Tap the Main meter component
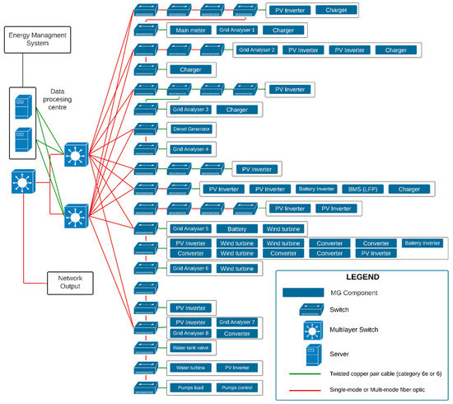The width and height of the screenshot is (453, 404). click(190, 31)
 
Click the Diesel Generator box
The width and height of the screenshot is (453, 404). click(192, 129)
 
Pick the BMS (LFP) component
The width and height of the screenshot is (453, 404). click(362, 189)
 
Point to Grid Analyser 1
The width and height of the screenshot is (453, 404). click(237, 31)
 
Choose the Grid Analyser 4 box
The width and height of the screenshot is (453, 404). click(191, 149)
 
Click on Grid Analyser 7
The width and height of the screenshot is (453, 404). click(237, 322)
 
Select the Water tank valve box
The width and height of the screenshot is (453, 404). click(191, 347)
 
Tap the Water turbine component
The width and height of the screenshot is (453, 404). click(191, 368)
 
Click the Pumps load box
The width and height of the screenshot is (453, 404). click(191, 388)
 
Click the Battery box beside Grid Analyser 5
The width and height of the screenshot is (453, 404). click(237, 228)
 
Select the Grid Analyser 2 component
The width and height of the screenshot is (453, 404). click(257, 50)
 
